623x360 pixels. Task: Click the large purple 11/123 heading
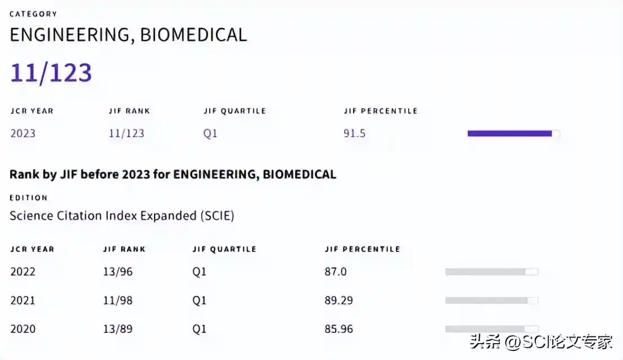[x=51, y=73]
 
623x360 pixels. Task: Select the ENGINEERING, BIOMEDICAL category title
[x=128, y=35]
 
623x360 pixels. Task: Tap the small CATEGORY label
[x=33, y=14]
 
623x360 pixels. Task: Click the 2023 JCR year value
[x=23, y=133]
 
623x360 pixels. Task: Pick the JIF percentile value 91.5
[x=355, y=133]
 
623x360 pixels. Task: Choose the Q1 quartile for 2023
[x=210, y=133]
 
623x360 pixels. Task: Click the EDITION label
[x=29, y=198]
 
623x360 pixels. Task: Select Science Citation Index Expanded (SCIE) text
[x=122, y=215]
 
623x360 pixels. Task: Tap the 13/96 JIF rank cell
[x=118, y=272]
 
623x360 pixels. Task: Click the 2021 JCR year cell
[x=23, y=300]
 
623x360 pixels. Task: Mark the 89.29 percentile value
[x=339, y=300]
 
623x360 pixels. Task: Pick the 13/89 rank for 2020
[x=118, y=329]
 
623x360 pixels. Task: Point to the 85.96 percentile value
[x=339, y=329]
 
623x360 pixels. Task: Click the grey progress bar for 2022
[x=491, y=272]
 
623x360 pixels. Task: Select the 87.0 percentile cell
[x=336, y=272]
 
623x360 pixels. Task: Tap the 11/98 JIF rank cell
[x=118, y=300]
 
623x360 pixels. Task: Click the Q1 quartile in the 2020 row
[x=200, y=329]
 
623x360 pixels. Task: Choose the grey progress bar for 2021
[x=491, y=300]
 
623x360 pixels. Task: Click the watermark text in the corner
[x=541, y=341]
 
